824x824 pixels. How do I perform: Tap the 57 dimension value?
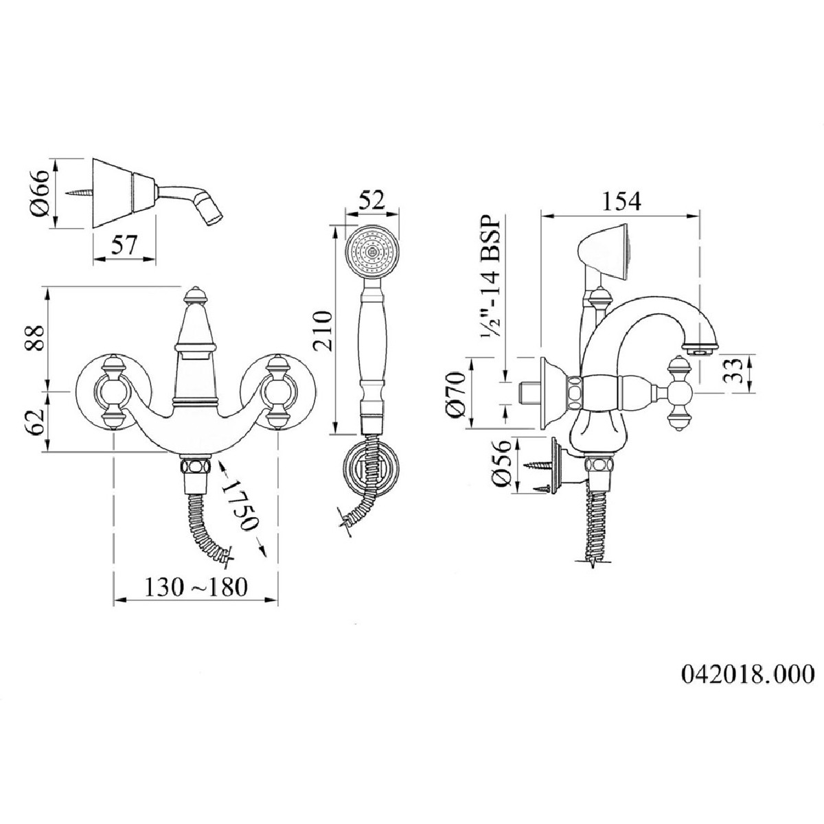click(124, 246)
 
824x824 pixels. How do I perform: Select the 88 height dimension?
click(35, 338)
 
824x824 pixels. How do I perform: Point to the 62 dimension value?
click(35, 422)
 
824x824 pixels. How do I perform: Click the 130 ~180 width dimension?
click(196, 587)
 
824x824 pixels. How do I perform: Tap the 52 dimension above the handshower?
click(372, 200)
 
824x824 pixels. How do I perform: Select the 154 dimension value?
click(621, 201)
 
